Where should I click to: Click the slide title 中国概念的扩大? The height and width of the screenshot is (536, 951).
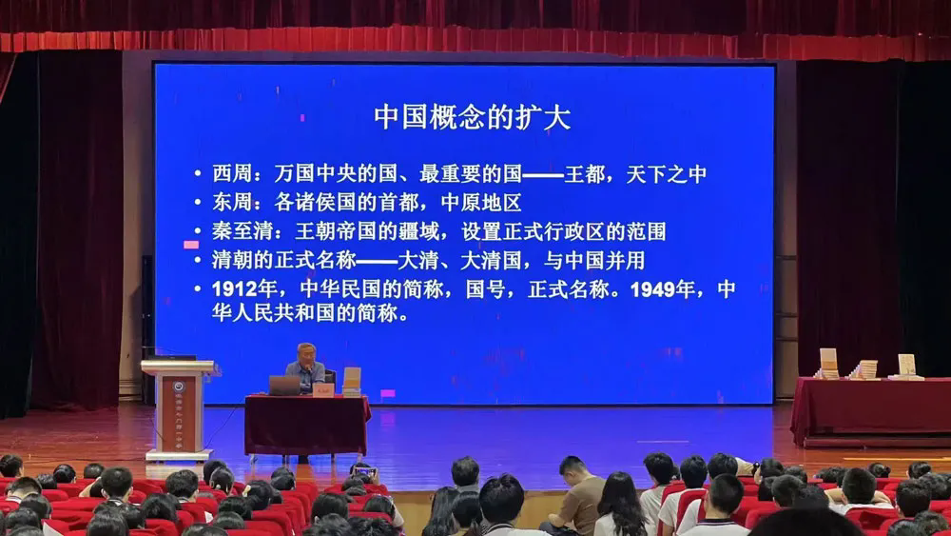pyautogui.click(x=472, y=117)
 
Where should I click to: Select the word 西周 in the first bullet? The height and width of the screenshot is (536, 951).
pyautogui.click(x=232, y=174)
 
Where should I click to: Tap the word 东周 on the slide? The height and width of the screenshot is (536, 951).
pyautogui.click(x=232, y=202)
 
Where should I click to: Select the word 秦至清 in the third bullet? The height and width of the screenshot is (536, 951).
pyautogui.click(x=242, y=231)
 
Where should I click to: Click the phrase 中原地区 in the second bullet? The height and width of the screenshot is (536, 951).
pyautogui.click(x=481, y=202)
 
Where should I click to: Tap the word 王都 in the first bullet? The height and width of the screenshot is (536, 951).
pyautogui.click(x=585, y=174)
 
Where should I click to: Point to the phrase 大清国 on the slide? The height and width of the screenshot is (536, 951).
pyautogui.click(x=491, y=261)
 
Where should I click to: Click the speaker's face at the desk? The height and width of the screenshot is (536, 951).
pyautogui.click(x=307, y=356)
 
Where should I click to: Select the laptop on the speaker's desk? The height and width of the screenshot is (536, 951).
pyautogui.click(x=284, y=386)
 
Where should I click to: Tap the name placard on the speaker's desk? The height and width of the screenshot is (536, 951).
pyautogui.click(x=323, y=389)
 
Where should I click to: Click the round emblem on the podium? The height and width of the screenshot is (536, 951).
pyautogui.click(x=179, y=387)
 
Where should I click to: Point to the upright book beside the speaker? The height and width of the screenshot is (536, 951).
pyautogui.click(x=351, y=379)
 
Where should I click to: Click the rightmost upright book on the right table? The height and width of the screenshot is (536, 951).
pyautogui.click(x=906, y=366)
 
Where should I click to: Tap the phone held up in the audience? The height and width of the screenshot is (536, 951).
pyautogui.click(x=365, y=471)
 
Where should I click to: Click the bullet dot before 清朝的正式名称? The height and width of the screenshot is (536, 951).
pyautogui.click(x=198, y=260)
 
